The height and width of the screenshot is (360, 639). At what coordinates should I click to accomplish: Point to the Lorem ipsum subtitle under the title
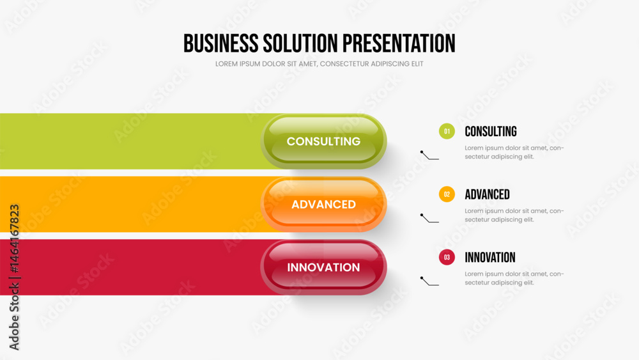tap(319, 64)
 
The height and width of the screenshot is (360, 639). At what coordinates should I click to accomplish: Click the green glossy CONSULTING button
tap(323, 141)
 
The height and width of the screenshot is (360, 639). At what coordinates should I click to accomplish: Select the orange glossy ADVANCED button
tap(323, 205)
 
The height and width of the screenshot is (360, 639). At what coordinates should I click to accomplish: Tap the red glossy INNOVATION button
tap(323, 267)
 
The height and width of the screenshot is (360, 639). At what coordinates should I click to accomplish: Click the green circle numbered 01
tap(447, 132)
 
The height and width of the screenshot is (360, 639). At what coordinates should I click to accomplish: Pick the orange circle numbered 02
tap(447, 194)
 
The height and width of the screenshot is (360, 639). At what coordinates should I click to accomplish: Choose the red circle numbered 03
tap(447, 258)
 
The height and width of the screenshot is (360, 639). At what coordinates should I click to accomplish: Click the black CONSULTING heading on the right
tap(490, 132)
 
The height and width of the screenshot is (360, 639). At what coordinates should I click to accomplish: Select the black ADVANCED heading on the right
tap(487, 194)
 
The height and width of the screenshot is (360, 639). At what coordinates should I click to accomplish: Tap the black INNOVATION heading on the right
tap(489, 258)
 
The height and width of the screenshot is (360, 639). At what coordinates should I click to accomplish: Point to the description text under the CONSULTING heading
tap(514, 152)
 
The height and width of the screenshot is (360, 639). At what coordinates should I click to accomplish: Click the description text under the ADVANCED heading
tap(514, 215)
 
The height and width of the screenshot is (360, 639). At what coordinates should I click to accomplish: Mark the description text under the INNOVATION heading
tap(514, 278)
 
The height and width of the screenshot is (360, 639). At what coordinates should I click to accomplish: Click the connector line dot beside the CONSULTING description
tap(422, 152)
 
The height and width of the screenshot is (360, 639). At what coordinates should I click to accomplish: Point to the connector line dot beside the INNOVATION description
tap(422, 278)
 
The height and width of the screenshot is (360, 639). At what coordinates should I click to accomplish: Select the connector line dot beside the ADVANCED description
tap(422, 215)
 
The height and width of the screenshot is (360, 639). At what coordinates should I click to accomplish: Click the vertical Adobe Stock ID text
tap(14, 277)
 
